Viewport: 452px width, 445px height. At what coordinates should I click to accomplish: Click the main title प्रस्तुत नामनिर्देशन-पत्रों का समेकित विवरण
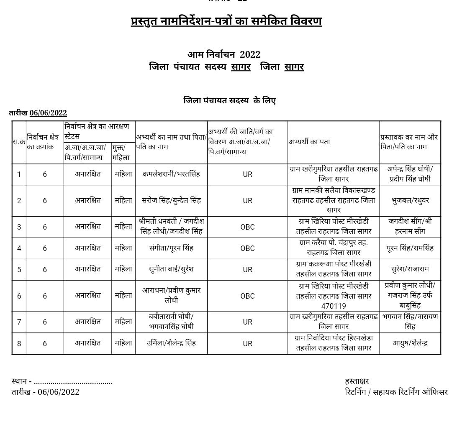226,21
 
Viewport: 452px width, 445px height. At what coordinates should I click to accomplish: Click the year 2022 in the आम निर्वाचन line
250,55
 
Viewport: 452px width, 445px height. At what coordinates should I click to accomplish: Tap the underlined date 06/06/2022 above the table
48,113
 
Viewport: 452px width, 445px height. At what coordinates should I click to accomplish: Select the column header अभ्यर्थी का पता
309,142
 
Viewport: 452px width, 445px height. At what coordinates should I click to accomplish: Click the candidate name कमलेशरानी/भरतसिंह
171,174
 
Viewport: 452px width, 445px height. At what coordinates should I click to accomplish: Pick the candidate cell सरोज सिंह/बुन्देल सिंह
171,200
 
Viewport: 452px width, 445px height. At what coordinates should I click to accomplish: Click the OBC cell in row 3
247,227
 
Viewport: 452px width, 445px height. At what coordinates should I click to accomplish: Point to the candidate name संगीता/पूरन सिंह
171,248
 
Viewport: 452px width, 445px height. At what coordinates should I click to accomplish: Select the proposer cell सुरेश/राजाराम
410,269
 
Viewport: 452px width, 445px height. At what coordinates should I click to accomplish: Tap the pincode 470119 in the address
334,306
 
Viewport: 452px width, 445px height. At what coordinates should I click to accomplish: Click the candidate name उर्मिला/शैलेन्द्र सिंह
171,343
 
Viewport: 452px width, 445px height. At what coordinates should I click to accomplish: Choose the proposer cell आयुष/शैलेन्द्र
410,343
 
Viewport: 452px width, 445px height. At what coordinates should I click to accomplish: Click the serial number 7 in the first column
19,322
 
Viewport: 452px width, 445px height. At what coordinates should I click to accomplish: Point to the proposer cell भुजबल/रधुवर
410,201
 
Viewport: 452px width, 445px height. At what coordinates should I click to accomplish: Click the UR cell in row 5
247,270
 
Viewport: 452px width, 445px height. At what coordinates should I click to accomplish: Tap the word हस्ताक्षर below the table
357,381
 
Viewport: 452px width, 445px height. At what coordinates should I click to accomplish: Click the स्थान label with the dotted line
62,381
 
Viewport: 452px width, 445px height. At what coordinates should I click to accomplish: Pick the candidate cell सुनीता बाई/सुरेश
171,269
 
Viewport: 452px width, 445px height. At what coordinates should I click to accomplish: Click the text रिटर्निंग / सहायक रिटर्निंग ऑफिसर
396,392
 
